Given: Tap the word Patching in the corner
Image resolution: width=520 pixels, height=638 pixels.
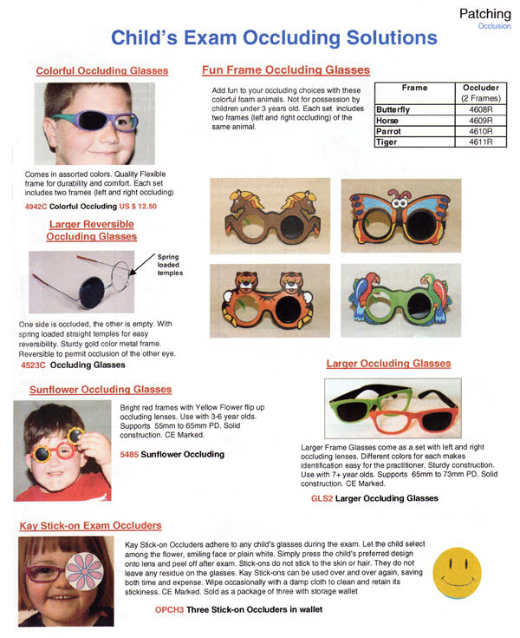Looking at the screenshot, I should tap(484, 13).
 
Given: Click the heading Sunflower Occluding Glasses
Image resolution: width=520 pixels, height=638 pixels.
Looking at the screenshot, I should tap(101, 390).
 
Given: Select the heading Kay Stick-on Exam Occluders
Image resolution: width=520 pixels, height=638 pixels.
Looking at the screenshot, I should tap(90, 526).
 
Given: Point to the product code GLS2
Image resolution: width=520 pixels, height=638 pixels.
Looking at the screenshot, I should tap(322, 498).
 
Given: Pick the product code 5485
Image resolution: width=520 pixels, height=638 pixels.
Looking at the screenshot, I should tap(129, 454).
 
